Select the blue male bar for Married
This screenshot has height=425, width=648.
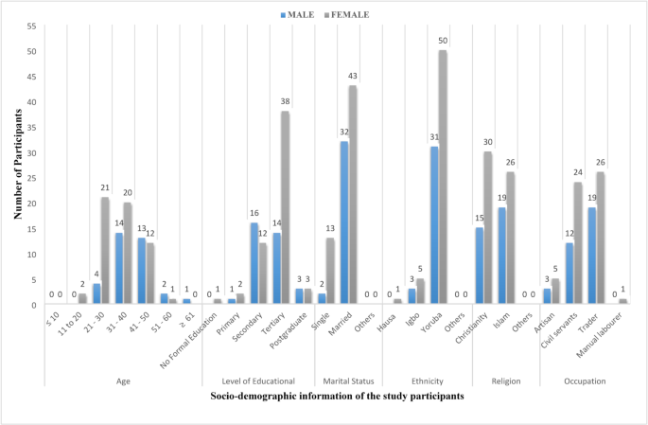click(x=343, y=223)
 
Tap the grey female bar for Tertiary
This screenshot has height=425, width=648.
click(x=284, y=207)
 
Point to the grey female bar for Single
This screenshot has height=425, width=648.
click(x=329, y=272)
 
